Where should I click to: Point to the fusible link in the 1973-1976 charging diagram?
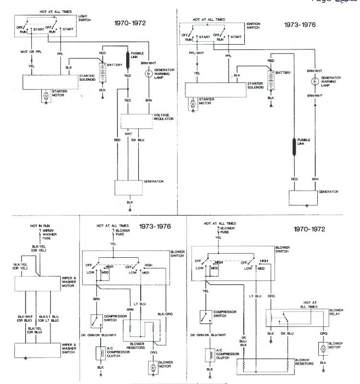294,147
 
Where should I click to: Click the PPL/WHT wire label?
195,53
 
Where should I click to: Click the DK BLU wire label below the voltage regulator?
138,140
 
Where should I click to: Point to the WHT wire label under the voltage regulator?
128,134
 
